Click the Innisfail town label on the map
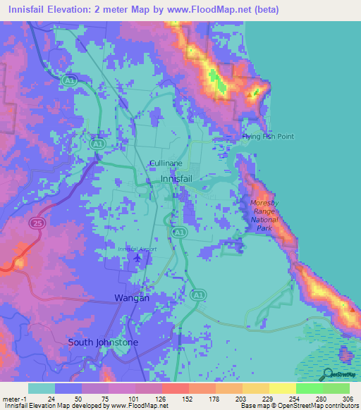pyautogui.click(x=181, y=179)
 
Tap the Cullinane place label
pyautogui.click(x=166, y=163)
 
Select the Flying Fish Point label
pyautogui.click(x=267, y=136)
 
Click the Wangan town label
pyautogui.click(x=132, y=298)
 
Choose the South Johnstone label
pyautogui.click(x=103, y=342)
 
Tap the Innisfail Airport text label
pyautogui.click(x=137, y=249)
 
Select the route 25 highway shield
pyautogui.click(x=35, y=223)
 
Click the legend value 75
pyautogui.click(x=105, y=398)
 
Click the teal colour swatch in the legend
pyautogui.click(x=41, y=388)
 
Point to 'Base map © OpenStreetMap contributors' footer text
pyautogui.click(x=299, y=406)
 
